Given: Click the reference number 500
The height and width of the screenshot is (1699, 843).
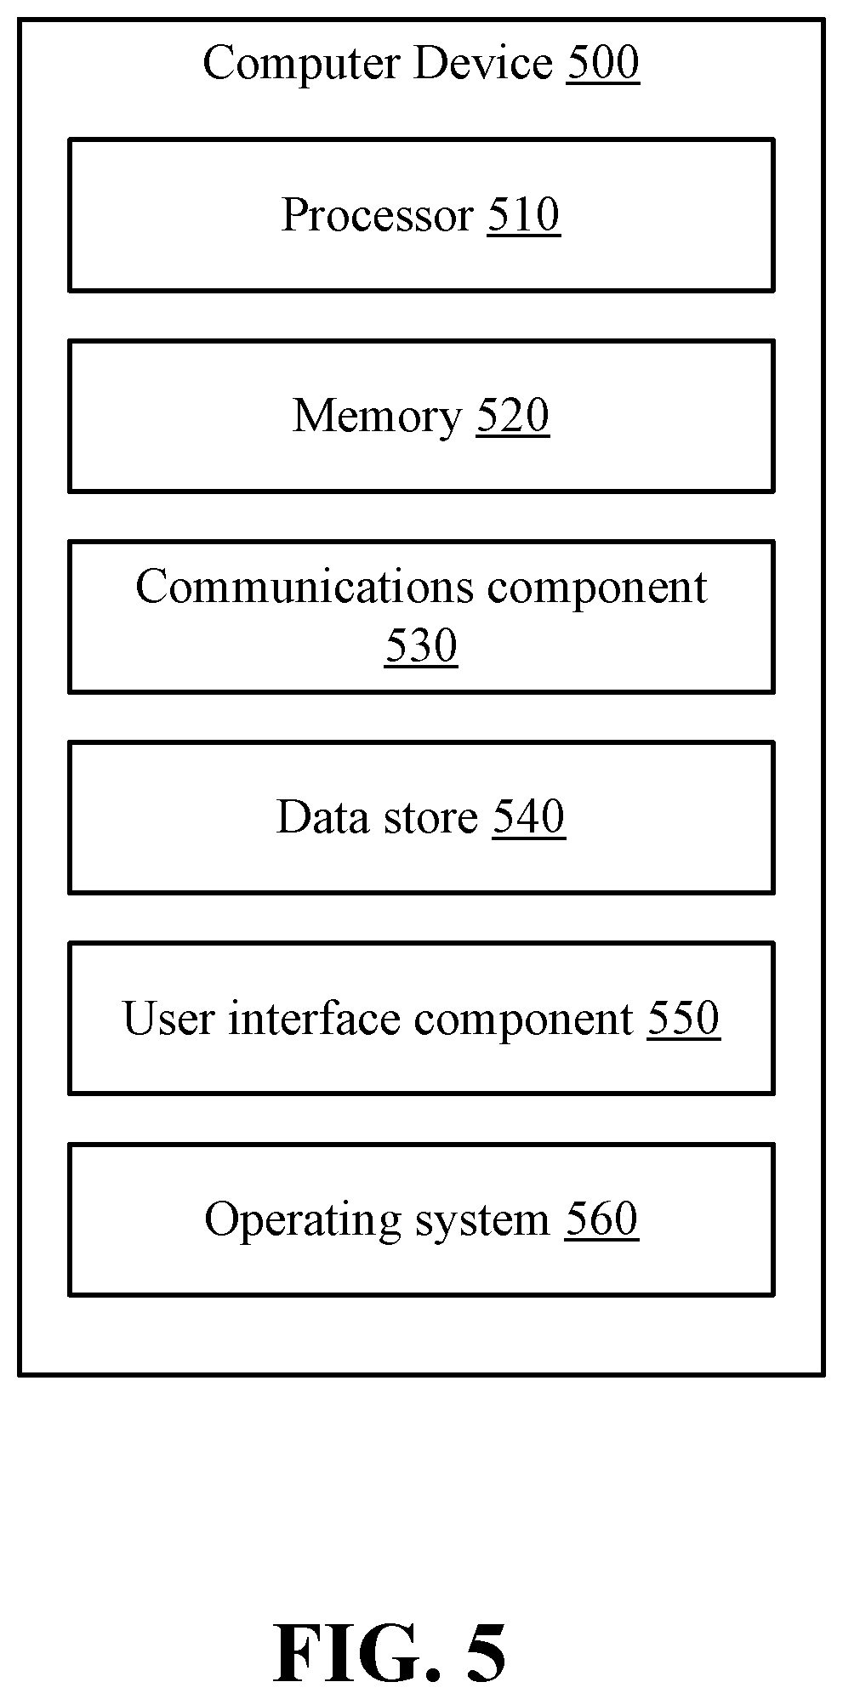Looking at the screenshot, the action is pyautogui.click(x=603, y=64).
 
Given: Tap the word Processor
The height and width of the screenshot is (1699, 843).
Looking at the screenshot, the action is pyautogui.click(x=377, y=214).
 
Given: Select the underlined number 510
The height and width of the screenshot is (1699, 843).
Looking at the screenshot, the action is pyautogui.click(x=524, y=214).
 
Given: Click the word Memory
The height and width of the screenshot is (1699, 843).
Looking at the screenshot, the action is pyautogui.click(x=377, y=417).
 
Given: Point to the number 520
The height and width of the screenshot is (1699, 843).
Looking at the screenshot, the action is pyautogui.click(x=513, y=417).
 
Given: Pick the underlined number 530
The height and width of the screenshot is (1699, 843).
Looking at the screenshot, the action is pyautogui.click(x=421, y=646).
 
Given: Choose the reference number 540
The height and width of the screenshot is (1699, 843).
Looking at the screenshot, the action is pyautogui.click(x=528, y=817).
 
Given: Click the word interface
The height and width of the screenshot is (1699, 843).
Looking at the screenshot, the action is pyautogui.click(x=314, y=1018).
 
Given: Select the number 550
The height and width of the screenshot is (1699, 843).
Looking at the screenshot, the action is pyautogui.click(x=684, y=1018).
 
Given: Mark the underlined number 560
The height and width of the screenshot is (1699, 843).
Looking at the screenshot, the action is pyautogui.click(x=601, y=1219).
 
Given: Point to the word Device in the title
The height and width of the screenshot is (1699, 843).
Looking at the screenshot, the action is pyautogui.click(x=482, y=64).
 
